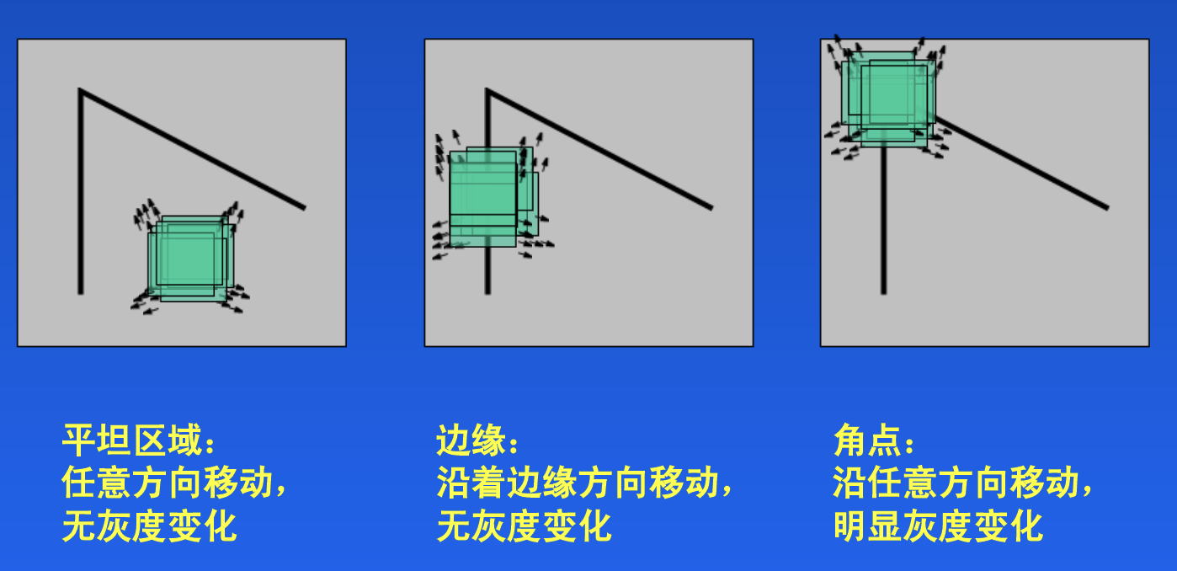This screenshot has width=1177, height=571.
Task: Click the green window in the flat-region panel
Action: [x=188, y=259]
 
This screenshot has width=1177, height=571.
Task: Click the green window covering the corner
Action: [x=889, y=96]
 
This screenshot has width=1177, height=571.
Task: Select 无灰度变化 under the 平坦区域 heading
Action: [x=150, y=526]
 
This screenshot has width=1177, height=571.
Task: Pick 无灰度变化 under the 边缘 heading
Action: [x=524, y=526]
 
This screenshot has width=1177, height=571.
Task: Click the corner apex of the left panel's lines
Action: [x=81, y=90]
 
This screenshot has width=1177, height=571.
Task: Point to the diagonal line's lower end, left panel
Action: [x=303, y=207]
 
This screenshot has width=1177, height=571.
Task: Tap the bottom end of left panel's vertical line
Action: [x=81, y=292]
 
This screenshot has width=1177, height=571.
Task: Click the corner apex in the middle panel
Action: [x=487, y=90]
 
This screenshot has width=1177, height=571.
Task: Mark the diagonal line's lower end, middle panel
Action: [x=711, y=207]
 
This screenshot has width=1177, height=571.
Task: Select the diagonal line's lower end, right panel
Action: [x=1106, y=207]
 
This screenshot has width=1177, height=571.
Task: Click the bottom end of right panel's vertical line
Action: [x=883, y=292]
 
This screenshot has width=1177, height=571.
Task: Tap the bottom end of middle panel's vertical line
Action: [x=487, y=292]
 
